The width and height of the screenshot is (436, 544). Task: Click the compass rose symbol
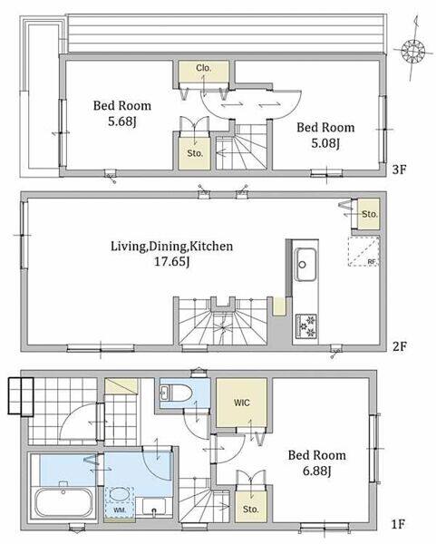(x=413, y=51)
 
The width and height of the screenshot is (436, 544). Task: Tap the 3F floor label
(x=399, y=170)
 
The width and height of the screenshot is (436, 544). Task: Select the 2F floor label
(x=399, y=346)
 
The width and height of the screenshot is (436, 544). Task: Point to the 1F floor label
(x=398, y=524)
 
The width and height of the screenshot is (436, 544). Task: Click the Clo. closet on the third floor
(x=204, y=72)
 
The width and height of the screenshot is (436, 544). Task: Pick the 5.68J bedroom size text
(x=121, y=121)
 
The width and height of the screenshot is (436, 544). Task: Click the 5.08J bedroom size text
(x=325, y=143)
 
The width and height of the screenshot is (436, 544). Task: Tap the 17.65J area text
(x=171, y=262)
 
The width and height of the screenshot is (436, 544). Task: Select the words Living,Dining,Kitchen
(x=171, y=247)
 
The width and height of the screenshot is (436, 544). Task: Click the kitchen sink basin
(x=305, y=265)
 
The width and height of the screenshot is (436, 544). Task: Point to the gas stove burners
(x=306, y=326)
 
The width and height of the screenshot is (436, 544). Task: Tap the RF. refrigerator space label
(x=373, y=262)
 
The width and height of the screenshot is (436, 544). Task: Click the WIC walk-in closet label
(x=242, y=403)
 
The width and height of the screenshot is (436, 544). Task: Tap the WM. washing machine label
(x=120, y=510)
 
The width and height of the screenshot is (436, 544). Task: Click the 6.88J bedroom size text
(x=316, y=471)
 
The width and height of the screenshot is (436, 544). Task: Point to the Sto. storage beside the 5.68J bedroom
(x=195, y=153)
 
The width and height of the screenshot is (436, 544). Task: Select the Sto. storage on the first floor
(x=251, y=509)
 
